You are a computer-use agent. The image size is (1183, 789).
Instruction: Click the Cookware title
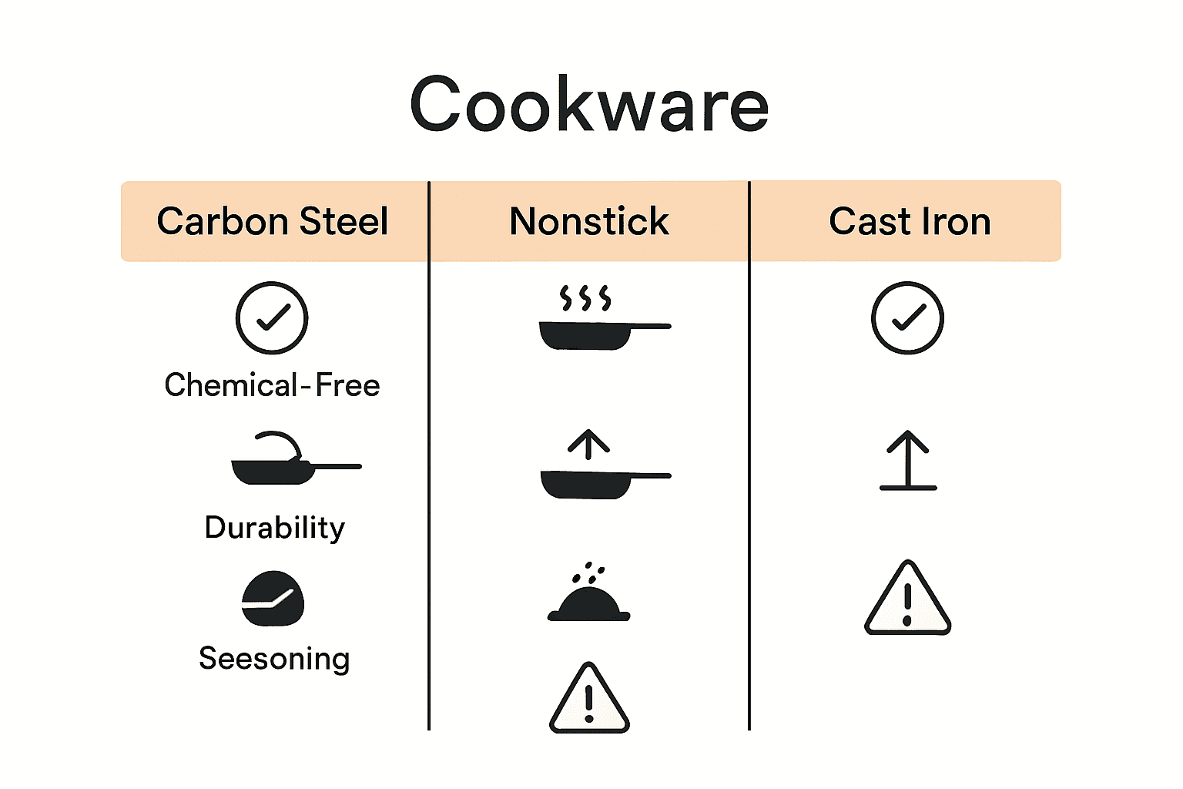[589, 104]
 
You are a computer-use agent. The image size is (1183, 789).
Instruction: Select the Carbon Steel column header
[273, 222]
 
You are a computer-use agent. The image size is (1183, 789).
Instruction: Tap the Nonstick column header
[589, 222]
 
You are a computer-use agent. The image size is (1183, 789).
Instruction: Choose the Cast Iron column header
[910, 222]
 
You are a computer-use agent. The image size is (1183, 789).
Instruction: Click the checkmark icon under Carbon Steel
[272, 318]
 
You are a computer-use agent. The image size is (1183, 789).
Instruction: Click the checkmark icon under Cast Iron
[907, 318]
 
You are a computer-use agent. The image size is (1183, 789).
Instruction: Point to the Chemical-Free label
[272, 385]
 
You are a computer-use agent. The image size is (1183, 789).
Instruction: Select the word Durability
[274, 528]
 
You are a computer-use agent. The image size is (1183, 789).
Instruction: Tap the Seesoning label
[274, 659]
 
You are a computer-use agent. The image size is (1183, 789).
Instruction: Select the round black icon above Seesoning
[273, 599]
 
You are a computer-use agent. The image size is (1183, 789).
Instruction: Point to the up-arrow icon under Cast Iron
[908, 461]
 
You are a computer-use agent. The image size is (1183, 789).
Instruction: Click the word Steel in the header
[344, 222]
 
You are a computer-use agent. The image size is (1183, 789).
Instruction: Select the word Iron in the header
[956, 222]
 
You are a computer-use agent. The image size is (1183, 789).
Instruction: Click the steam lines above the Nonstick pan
[585, 297]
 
